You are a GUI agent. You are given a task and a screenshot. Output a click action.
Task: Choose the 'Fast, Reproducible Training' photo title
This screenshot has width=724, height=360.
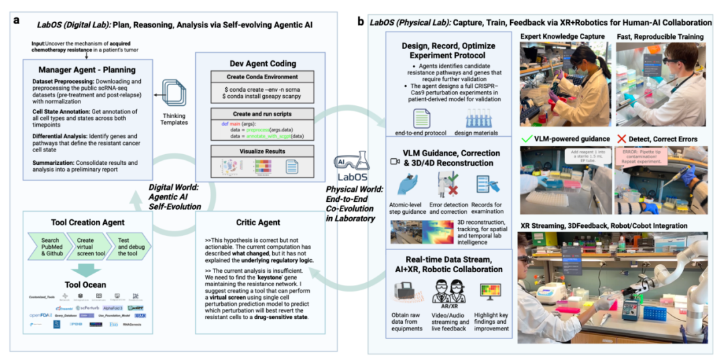[660, 36]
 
